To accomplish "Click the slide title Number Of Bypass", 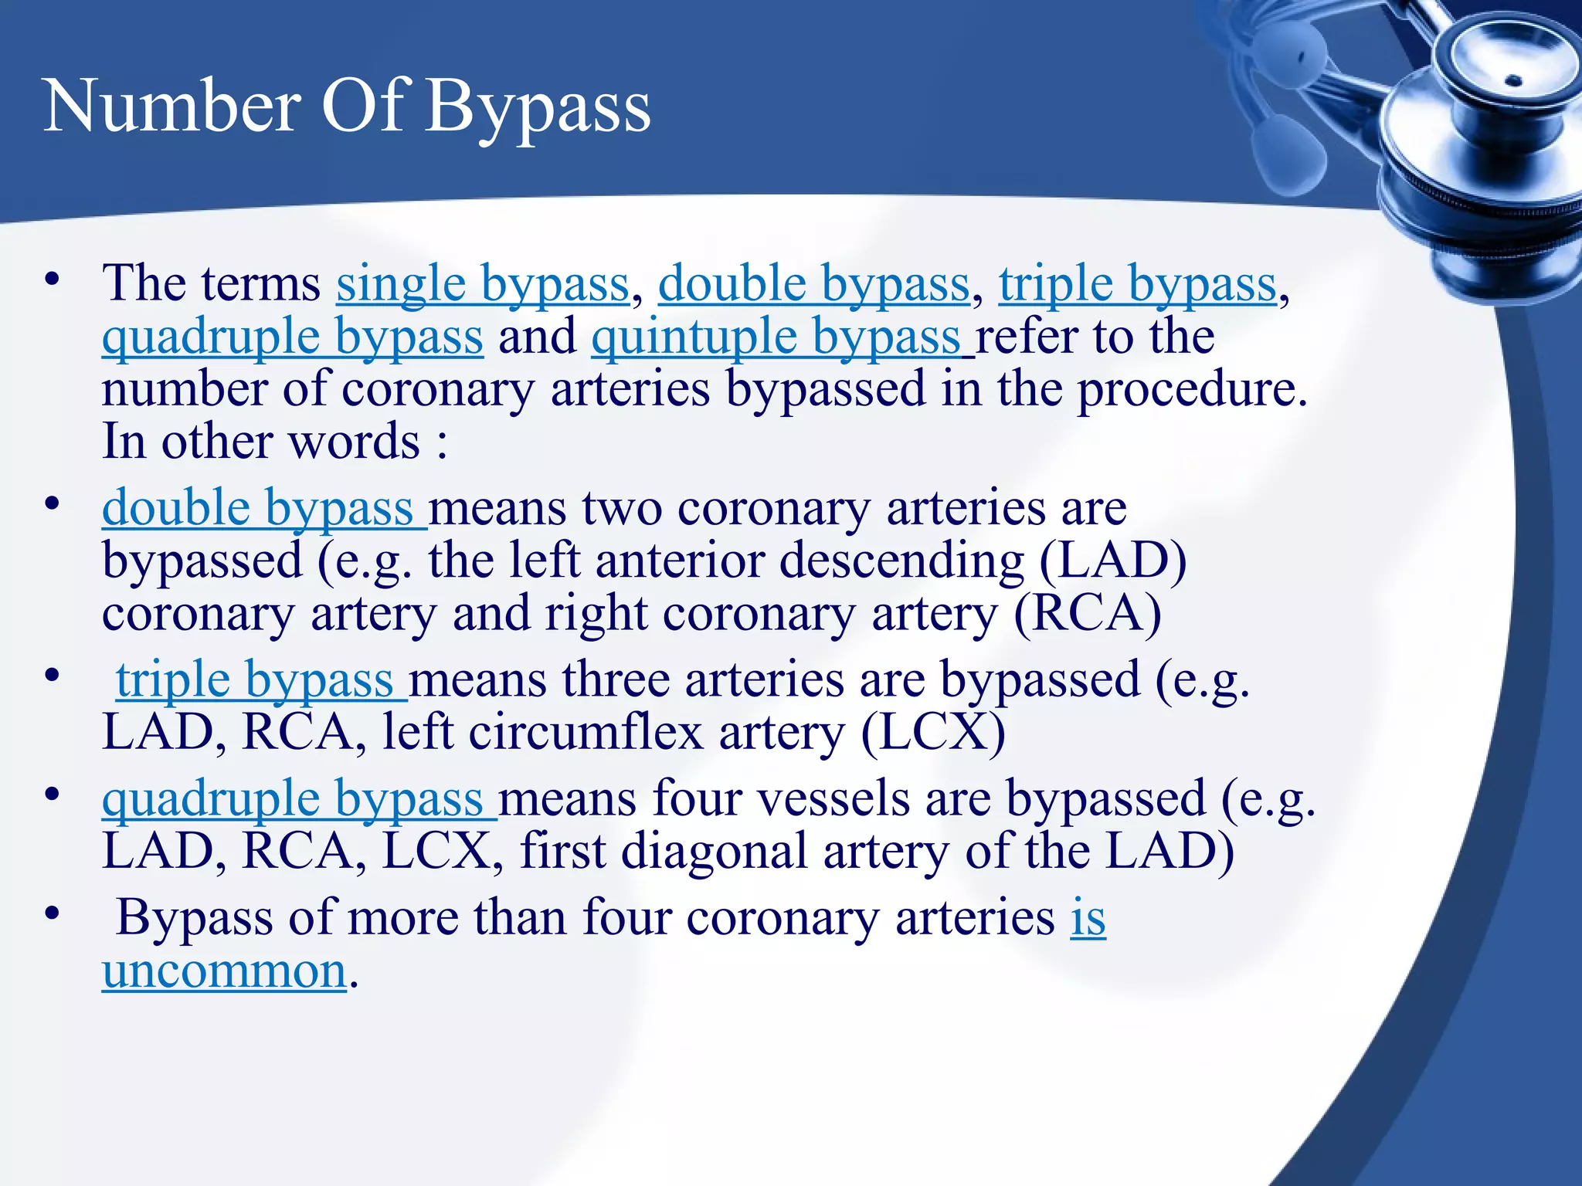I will [347, 107].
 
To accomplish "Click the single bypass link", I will [483, 284].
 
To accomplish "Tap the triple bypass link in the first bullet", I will [1137, 284].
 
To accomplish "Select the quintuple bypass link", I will [776, 337].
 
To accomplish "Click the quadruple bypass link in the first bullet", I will [293, 337].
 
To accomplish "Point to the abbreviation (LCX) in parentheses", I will [933, 733].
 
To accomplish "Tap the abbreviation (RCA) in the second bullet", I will [1088, 614].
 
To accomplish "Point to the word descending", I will [901, 561].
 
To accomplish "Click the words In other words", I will [261, 442].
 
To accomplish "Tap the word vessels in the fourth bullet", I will [833, 799].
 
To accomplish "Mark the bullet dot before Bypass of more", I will [52, 913].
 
